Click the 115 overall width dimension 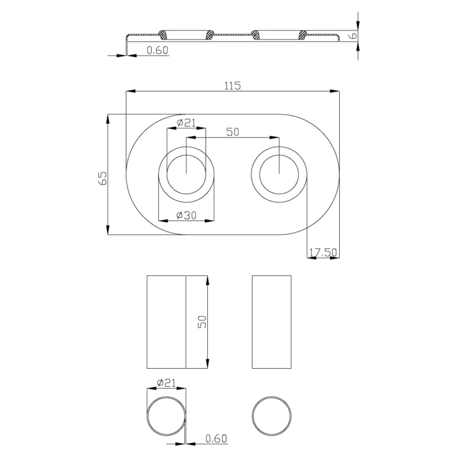point(233,86)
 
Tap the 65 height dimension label point(103,178)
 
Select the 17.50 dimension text point(323,253)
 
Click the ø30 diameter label point(186,215)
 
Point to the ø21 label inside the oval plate point(186,123)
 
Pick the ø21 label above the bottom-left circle point(166,382)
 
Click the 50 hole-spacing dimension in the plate point(233,132)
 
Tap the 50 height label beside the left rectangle point(202,322)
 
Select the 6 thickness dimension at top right point(353,37)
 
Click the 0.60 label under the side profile point(158,50)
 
